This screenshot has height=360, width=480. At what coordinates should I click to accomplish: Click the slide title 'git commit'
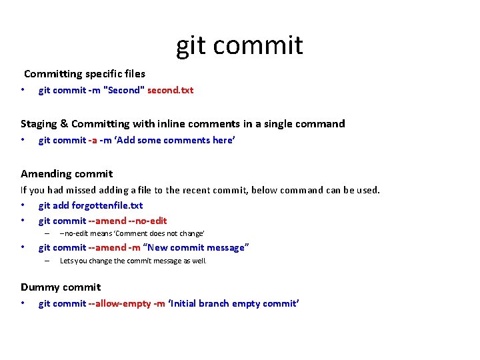point(239,45)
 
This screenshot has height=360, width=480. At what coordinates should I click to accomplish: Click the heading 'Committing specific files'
point(85,74)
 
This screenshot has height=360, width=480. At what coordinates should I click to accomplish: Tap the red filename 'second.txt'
point(170,90)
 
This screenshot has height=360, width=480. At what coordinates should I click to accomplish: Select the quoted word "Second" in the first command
point(124,90)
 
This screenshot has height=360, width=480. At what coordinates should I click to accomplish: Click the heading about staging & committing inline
point(183,123)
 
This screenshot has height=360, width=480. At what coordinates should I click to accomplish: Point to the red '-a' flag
point(93,140)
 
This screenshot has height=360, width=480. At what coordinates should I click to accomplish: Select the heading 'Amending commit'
point(67,173)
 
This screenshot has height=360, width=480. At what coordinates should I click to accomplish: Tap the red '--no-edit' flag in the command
point(145,221)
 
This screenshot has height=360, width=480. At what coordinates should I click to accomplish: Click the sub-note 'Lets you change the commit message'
point(133,261)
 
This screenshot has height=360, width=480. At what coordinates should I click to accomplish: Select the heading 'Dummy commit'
point(61,287)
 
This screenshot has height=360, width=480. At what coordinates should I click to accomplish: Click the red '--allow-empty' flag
point(119,303)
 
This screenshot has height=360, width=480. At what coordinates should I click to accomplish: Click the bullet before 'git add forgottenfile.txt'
point(23,205)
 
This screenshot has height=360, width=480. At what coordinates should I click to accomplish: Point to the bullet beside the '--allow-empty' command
point(23,303)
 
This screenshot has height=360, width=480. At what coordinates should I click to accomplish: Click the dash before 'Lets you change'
point(47,261)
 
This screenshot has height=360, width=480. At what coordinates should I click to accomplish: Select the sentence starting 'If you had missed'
point(200,190)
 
